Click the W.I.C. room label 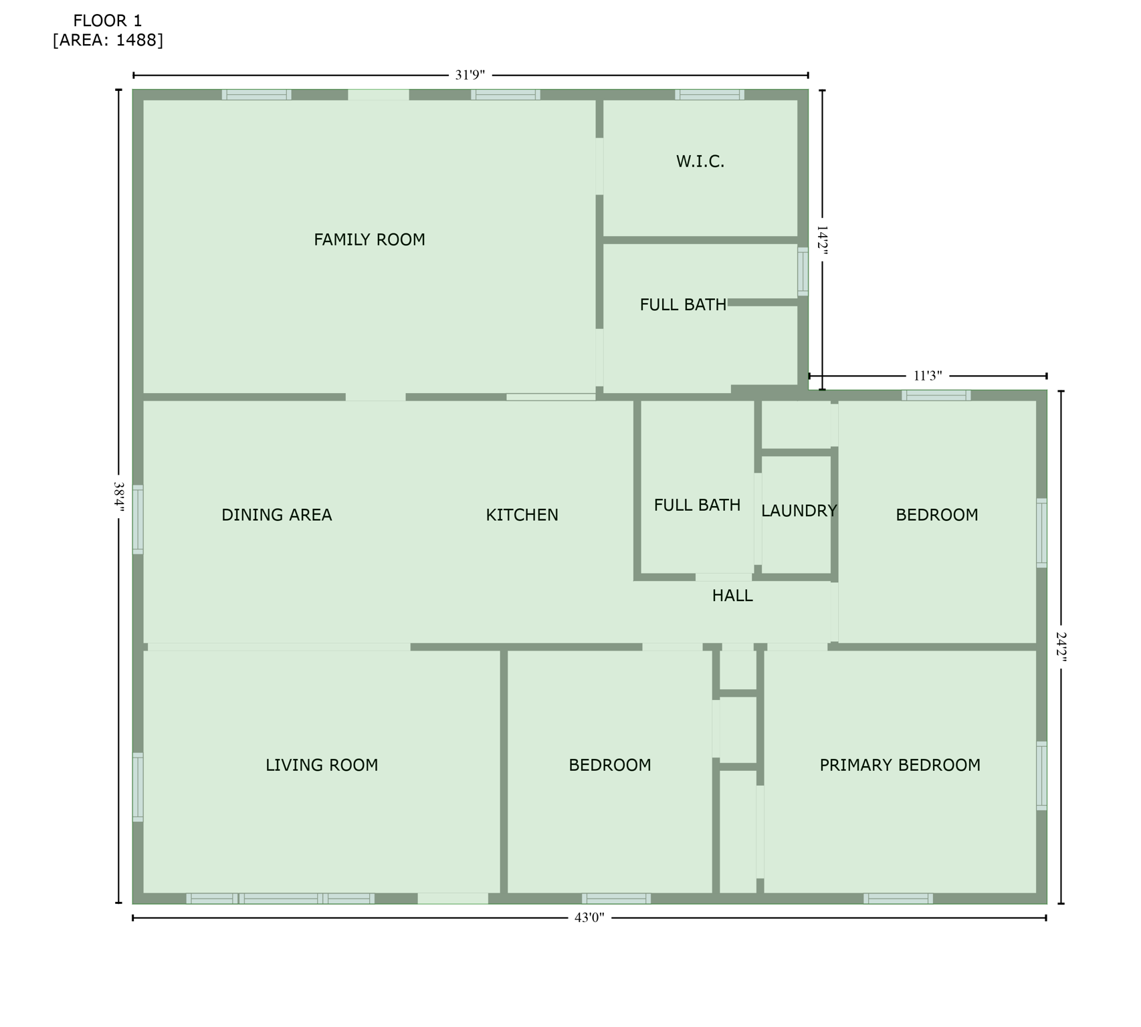(700, 161)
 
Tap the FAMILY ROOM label (369, 239)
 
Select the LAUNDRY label (799, 511)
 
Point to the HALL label (732, 596)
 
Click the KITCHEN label (522, 515)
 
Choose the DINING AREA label (276, 515)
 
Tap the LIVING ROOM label (322, 765)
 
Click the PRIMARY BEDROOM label (900, 765)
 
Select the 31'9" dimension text (470, 76)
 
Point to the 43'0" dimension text (589, 918)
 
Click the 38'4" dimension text (119, 497)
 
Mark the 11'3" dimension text (928, 376)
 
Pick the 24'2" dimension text (1061, 647)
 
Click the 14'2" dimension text (823, 239)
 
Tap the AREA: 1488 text (108, 40)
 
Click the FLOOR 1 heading (108, 21)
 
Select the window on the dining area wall (138, 520)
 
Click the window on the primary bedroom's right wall (1041, 776)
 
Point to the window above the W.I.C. (710, 94)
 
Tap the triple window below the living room (280, 899)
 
